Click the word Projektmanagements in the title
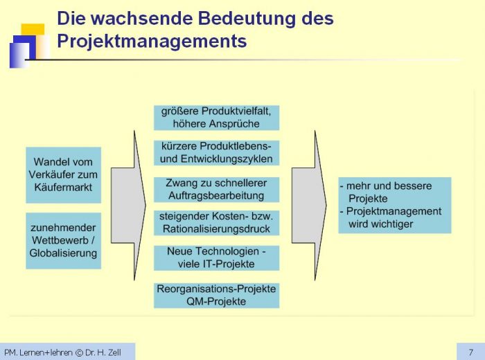pos(152,42)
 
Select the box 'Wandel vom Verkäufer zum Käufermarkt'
pos(64,175)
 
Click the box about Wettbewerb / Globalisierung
pos(64,241)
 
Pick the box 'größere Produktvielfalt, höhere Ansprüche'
pos(216,118)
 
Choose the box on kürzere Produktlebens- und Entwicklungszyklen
pos(216,153)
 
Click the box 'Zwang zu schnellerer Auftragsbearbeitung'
pos(216,190)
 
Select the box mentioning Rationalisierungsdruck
pos(216,223)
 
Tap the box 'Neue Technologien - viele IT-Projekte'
pos(216,258)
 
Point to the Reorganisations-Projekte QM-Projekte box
pos(216,296)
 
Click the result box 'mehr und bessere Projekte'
pos(395,205)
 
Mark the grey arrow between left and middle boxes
pos(128,206)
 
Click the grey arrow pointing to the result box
pos(309,206)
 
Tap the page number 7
pos(470,352)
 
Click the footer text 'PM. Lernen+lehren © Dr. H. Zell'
pos(62,352)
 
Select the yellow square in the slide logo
pos(33,29)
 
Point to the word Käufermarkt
pos(63,187)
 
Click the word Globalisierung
pos(63,253)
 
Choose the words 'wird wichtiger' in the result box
pos(381,224)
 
